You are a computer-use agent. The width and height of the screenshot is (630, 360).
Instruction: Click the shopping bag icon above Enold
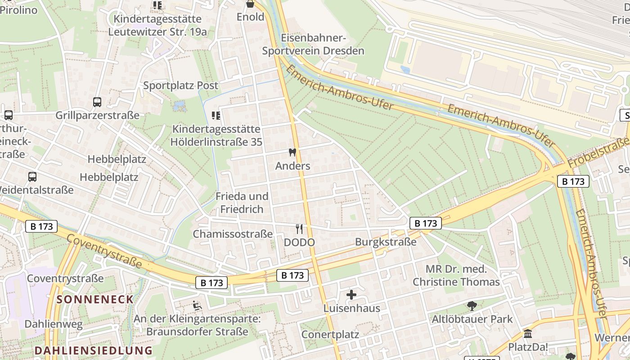tap(250, 4)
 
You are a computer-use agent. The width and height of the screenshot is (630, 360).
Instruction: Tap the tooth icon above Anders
tap(292, 153)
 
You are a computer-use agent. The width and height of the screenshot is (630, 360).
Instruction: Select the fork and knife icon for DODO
tap(299, 229)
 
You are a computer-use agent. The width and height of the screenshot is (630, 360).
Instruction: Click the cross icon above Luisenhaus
tap(351, 295)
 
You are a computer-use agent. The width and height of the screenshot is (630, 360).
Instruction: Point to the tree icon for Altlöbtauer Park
tap(472, 306)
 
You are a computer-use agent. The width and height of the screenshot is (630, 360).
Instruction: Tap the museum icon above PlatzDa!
tap(528, 334)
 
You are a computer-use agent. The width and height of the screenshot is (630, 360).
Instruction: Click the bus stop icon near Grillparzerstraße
tap(97, 102)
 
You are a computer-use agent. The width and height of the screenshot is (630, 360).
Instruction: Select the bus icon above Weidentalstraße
tap(32, 176)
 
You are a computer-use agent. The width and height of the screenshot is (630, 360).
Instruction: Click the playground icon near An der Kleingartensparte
tap(197, 306)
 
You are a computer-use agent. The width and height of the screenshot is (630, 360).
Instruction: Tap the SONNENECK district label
tap(95, 299)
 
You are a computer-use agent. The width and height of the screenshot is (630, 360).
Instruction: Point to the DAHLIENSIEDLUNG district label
tap(94, 350)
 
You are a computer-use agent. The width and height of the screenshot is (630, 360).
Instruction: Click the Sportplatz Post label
tap(180, 85)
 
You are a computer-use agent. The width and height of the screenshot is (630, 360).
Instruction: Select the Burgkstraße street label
tap(386, 242)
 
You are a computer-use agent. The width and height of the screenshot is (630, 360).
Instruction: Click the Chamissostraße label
tap(233, 234)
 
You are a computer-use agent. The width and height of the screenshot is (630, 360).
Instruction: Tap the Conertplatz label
tap(330, 334)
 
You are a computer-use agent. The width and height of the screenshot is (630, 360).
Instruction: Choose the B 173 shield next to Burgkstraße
tap(425, 223)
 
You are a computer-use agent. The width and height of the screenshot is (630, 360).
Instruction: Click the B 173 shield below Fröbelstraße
tap(573, 181)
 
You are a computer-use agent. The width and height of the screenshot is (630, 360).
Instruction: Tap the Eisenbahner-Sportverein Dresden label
tap(313, 44)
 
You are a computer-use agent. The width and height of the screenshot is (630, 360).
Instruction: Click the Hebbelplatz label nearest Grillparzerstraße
tap(117, 159)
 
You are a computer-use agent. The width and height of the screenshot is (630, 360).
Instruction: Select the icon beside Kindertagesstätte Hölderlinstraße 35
tap(216, 116)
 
